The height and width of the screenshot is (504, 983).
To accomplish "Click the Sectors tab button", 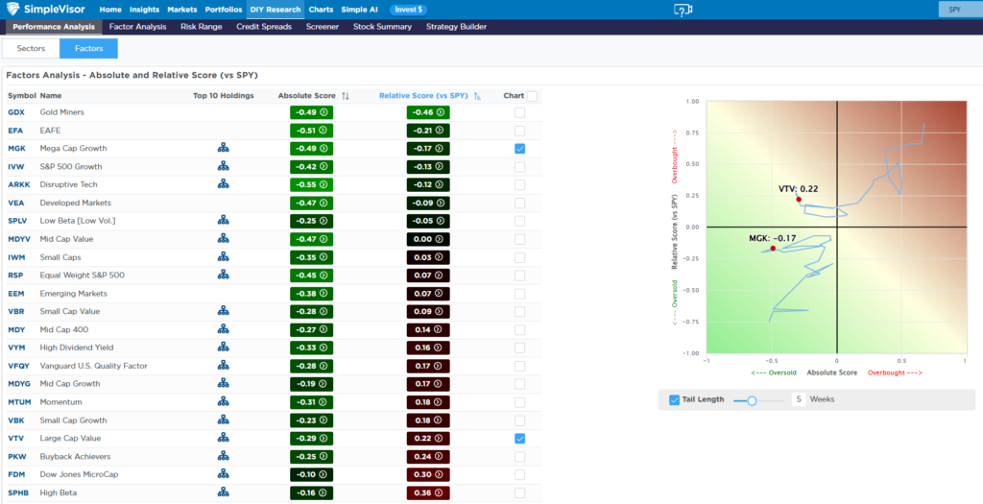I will point(31,48).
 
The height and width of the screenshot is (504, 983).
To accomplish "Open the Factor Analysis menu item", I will point(137,27).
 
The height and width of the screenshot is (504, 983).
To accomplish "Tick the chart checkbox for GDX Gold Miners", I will point(519,112).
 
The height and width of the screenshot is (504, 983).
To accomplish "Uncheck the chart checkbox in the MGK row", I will point(519,149).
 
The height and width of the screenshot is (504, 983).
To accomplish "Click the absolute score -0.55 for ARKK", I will point(311,185).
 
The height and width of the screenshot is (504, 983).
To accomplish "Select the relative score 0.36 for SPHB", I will point(427,492).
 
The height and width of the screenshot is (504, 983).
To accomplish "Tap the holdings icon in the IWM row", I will point(223,257).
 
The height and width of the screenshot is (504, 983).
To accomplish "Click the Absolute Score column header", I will point(306,96).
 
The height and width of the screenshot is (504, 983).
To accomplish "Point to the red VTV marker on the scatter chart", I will point(798,200).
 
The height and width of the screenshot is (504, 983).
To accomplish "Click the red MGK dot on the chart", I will point(773,249).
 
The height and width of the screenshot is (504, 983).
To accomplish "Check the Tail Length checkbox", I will point(674,399).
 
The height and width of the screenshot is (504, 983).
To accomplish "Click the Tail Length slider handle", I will point(752,400).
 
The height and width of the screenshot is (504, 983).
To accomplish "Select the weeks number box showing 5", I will point(798,399).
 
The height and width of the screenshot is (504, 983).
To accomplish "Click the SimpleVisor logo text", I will point(57,10).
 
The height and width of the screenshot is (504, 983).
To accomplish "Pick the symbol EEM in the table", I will point(16,294).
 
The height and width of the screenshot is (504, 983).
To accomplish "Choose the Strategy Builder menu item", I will point(456,27).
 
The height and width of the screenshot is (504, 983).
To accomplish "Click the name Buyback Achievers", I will point(75,456).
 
